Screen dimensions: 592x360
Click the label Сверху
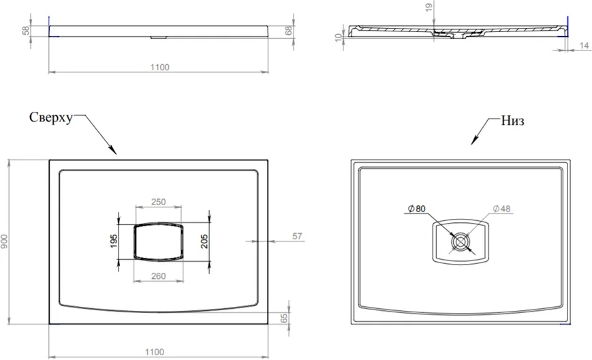[x=50, y=118]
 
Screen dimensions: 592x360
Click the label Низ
[x=513, y=121]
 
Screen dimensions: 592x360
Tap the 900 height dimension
[x=4, y=242]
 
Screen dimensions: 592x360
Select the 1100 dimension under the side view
[x=160, y=67]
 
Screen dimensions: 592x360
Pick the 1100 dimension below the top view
[x=155, y=352]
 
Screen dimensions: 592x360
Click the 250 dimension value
[x=159, y=202]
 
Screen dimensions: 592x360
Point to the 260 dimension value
[x=159, y=276]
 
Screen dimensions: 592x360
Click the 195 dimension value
[x=114, y=241]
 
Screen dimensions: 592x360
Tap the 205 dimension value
[x=204, y=241]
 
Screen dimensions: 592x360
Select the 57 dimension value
[x=298, y=236]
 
